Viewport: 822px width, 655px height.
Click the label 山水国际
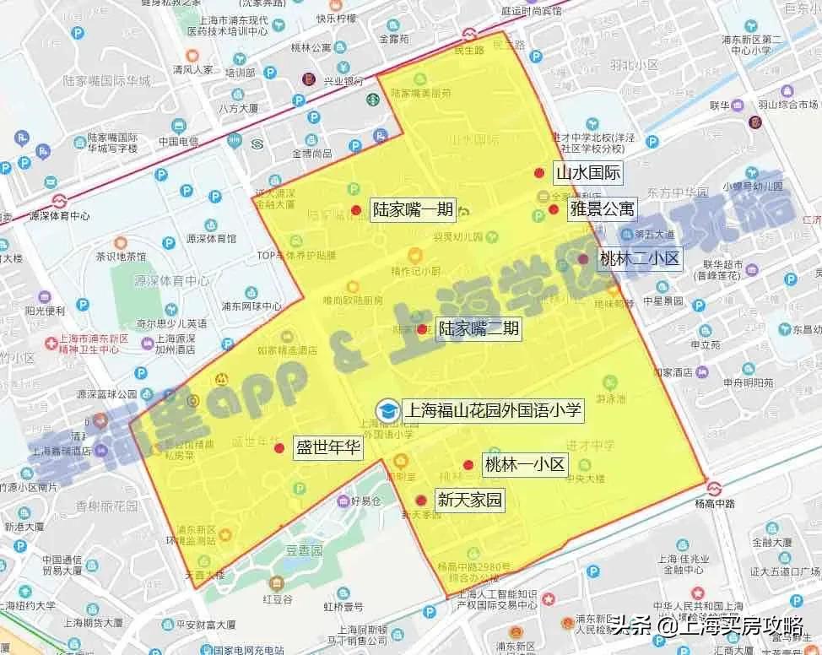587,174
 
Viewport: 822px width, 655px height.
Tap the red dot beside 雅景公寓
554,209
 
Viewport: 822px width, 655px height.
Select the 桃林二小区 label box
639,258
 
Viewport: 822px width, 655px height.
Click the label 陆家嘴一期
413,210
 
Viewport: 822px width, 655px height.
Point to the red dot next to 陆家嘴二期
422,329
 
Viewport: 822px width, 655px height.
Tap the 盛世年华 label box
327,448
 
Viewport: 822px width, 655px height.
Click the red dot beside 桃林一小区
468,465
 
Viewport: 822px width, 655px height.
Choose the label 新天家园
468,500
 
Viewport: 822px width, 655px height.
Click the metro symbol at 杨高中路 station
714,489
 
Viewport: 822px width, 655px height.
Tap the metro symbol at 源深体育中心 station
59,201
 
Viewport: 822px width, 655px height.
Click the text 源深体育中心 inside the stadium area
174,281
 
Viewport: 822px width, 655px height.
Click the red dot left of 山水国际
539,173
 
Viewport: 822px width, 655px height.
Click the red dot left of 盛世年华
279,447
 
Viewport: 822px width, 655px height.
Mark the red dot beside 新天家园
421,501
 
